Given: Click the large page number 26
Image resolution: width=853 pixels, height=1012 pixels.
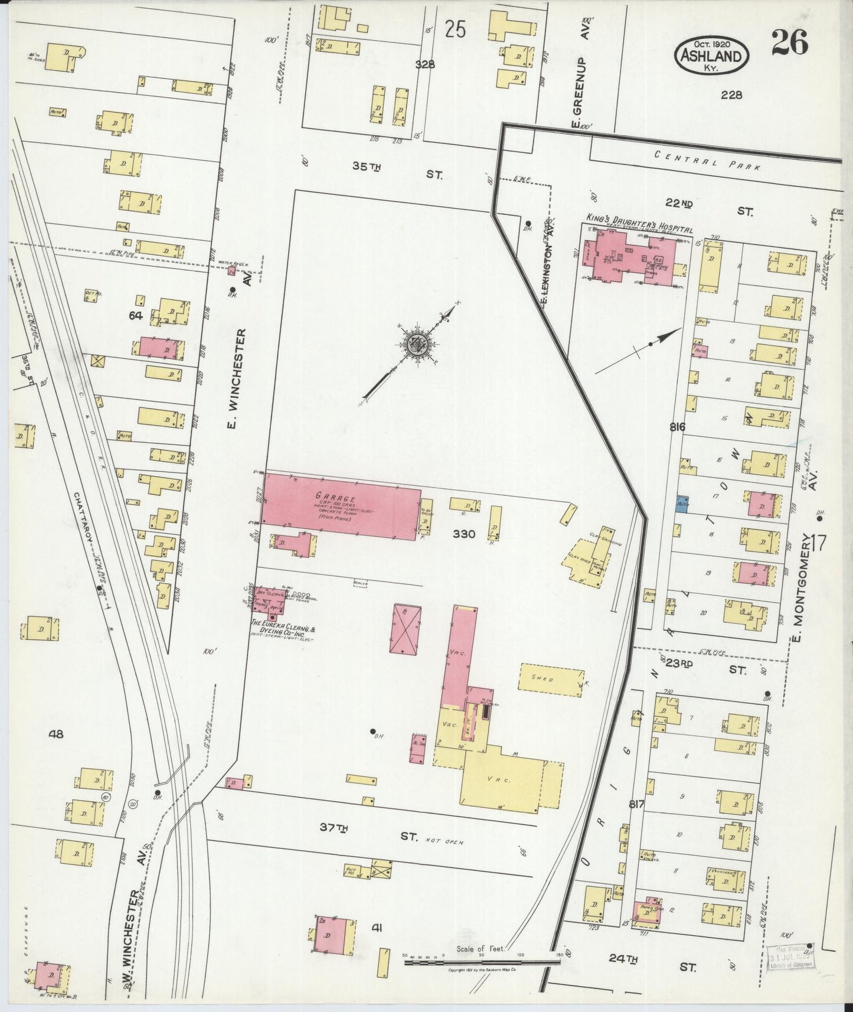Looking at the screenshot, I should point(789,43).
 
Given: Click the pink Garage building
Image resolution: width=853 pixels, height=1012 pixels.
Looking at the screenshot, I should point(341,505).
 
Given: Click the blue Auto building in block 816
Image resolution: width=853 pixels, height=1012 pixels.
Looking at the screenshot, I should point(682,504).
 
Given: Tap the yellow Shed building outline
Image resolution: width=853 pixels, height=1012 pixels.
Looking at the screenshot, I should point(551,678).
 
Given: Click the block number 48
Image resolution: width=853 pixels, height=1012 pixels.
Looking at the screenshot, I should point(57,734).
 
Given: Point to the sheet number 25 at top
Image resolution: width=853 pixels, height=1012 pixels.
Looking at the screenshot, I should point(456,29).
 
